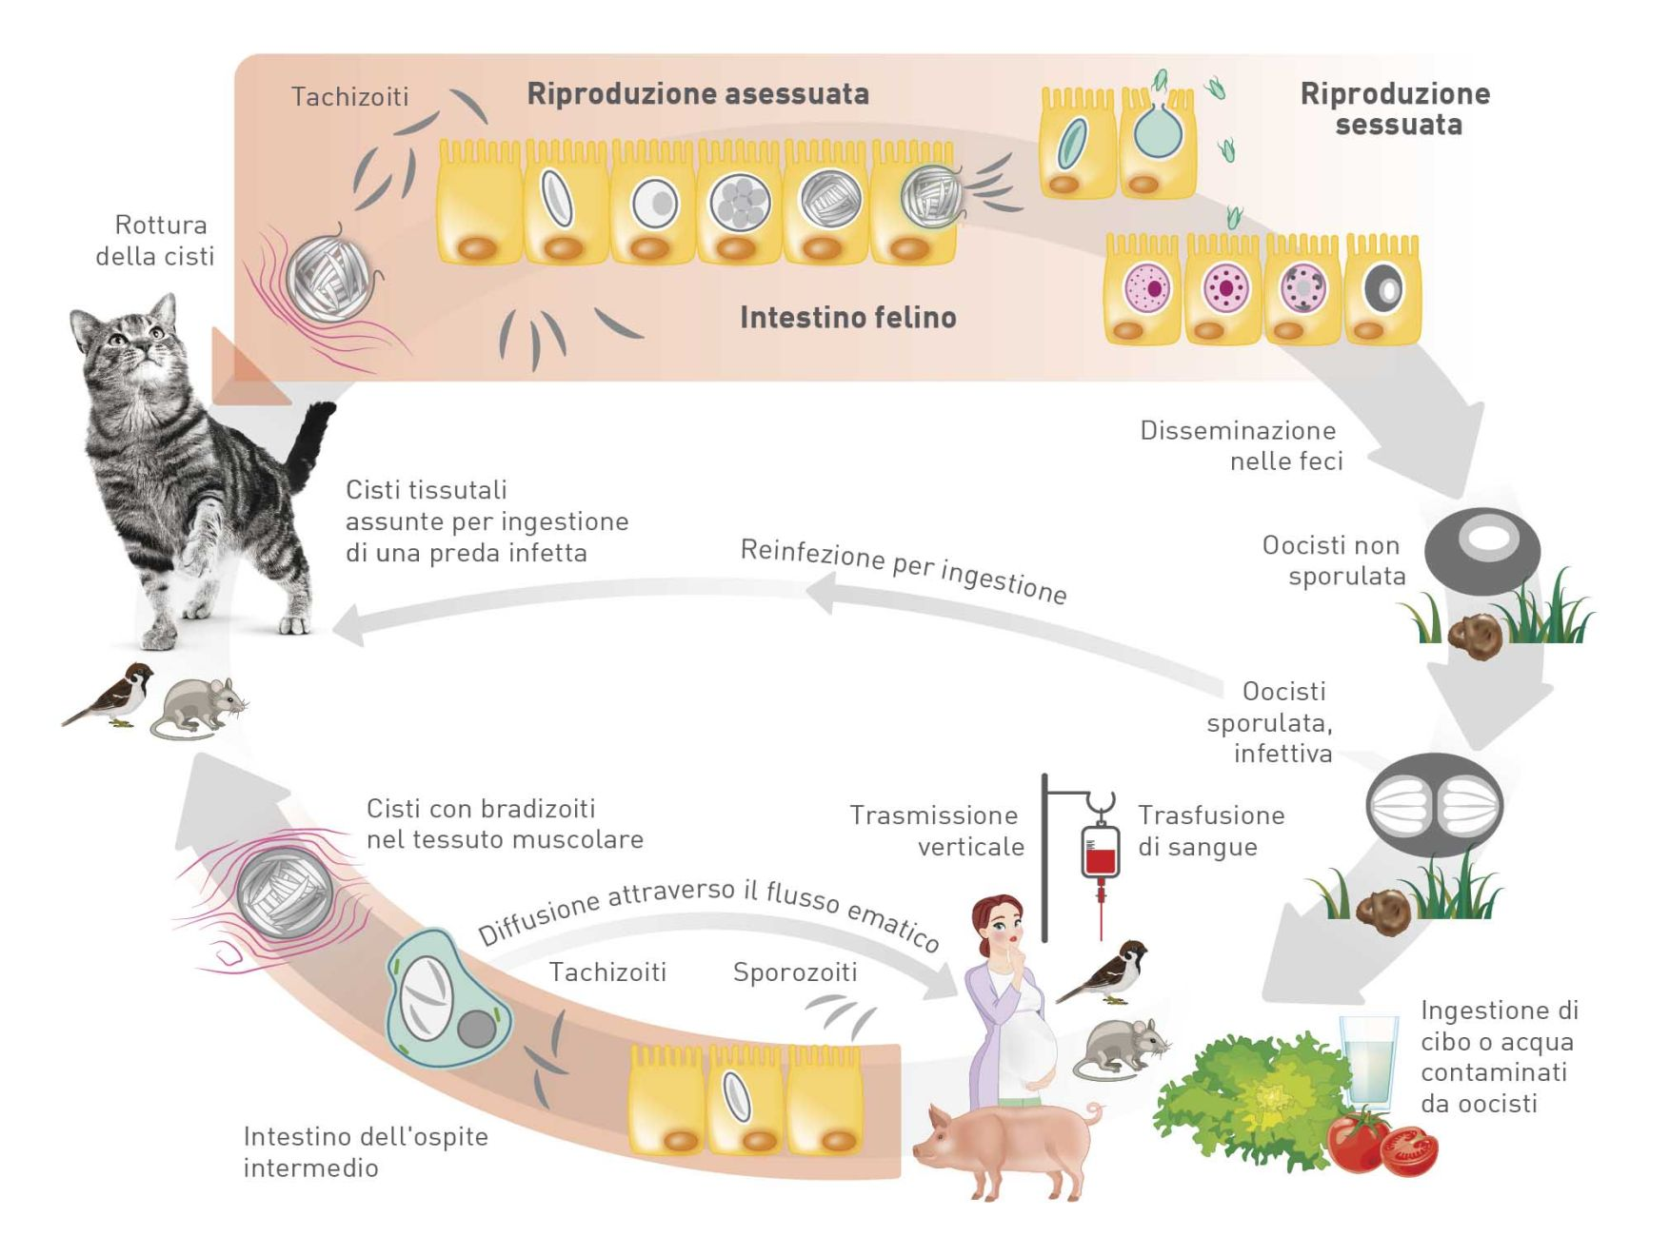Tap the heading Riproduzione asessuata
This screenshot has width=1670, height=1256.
698,93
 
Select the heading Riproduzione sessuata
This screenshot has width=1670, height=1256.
1395,108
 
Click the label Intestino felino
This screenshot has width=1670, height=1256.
847,317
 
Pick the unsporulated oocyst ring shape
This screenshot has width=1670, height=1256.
1482,550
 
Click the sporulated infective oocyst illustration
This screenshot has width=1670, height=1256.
1434,804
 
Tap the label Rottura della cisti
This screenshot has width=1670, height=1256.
155,240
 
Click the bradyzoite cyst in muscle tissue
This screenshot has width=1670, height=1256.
284,893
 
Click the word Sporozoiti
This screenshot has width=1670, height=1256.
795,971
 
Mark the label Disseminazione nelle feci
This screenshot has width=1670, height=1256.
1242,445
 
